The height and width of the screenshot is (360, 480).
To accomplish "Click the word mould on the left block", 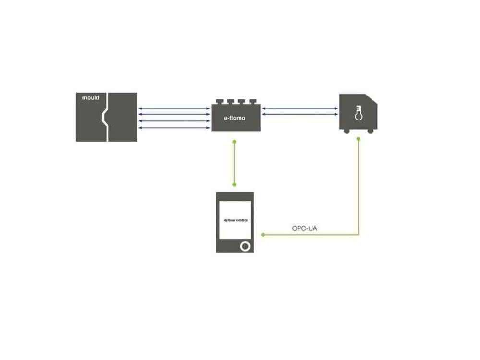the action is [x=91, y=97].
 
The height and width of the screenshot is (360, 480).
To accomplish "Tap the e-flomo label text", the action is [x=235, y=118].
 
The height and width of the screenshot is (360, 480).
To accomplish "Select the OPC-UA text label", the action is [x=305, y=228].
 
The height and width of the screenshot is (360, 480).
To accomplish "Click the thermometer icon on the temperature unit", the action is [x=359, y=113].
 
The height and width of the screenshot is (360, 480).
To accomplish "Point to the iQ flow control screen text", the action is [x=235, y=220].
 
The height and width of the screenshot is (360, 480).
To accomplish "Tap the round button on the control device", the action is [x=245, y=246].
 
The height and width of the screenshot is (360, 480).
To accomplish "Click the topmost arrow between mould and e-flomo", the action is [x=174, y=108].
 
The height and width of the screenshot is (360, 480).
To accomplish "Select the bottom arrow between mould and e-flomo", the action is [x=174, y=128].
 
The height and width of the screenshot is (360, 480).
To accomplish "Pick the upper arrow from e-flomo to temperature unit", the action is [x=300, y=108].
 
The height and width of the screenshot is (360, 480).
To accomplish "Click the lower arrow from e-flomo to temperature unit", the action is [x=300, y=114].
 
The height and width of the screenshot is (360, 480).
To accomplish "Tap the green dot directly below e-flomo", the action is [x=235, y=142].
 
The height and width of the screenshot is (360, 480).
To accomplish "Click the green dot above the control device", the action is [x=235, y=185].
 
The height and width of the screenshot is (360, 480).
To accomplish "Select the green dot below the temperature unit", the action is [x=359, y=139].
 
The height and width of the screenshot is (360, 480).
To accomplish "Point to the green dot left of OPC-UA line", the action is [x=263, y=235].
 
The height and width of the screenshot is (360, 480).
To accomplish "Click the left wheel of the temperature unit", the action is [x=347, y=132].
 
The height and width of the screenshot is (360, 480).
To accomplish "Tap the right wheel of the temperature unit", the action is [x=371, y=132].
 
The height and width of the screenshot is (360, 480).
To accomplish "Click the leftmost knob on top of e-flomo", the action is [x=219, y=102].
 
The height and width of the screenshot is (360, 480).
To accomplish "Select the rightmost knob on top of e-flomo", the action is [x=252, y=102].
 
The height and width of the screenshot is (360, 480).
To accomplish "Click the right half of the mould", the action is [x=123, y=117].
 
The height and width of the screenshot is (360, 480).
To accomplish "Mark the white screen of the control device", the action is [x=235, y=220].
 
